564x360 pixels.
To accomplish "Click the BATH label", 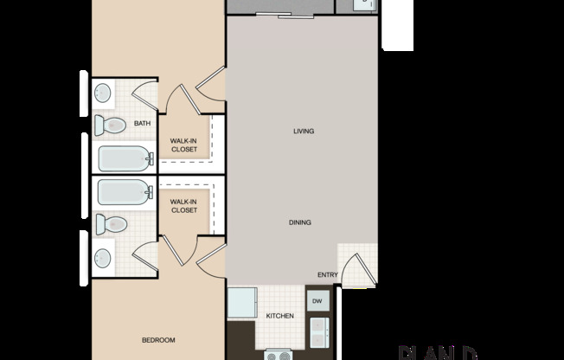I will pos(142,124).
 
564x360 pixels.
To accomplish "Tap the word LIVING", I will pos(303,132).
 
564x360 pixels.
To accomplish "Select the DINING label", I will pos(300,222).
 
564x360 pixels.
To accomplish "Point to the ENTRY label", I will pos(327,275).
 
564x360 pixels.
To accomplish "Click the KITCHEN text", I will pos(279,317).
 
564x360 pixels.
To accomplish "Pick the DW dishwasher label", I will pos(317,301).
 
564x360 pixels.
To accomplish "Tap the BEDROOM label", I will pos(158,340).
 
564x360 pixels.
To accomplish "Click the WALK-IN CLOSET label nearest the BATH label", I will pos(183,145).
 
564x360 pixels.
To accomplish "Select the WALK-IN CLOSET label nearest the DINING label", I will pos(183,206).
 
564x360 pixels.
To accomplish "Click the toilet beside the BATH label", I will pos(110,125).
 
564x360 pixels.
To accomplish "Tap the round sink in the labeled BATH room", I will pos(103,92).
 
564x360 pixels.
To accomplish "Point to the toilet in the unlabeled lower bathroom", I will pos(110,224).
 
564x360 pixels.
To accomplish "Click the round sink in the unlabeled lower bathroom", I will pos(103,257).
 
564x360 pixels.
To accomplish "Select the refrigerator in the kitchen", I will pos(241,304).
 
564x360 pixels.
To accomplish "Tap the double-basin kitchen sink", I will pos(317,330).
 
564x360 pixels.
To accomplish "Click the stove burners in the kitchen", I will pos(280,354).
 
